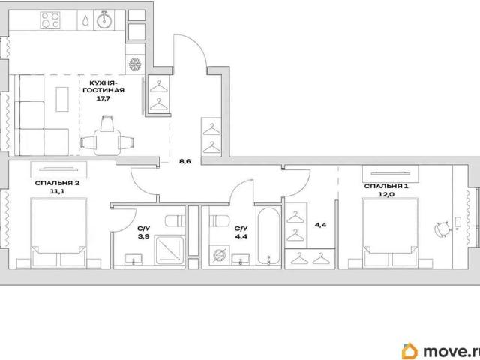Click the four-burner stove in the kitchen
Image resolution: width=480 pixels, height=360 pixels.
click(50, 20)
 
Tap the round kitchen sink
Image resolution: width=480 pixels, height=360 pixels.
click(105, 20)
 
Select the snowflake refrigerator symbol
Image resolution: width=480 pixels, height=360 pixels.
click(135, 64)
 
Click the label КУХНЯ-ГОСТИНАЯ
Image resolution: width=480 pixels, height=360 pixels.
click(103, 86)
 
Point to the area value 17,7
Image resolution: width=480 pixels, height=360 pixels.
click(103, 98)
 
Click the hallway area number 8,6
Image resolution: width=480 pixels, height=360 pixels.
click(185, 161)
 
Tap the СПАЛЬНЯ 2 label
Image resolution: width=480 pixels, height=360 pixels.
click(57, 183)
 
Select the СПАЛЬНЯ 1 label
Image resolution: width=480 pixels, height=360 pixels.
click(386, 186)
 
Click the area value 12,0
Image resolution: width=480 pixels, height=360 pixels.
click(385, 194)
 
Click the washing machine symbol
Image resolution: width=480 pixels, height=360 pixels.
click(219, 255)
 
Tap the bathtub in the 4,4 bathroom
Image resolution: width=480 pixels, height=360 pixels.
click(268, 235)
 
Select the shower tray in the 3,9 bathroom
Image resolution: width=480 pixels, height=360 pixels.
click(169, 250)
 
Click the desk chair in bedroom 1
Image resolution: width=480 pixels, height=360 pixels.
click(442, 229)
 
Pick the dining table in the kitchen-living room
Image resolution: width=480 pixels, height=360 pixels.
click(106, 142)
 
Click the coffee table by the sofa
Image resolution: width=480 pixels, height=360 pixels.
click(62, 99)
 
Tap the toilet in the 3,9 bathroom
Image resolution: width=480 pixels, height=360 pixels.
click(175, 220)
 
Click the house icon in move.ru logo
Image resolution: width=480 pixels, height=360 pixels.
click(410, 351)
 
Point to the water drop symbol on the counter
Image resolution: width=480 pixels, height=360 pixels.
click(86, 20)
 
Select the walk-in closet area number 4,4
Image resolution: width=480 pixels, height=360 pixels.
click(321, 225)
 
